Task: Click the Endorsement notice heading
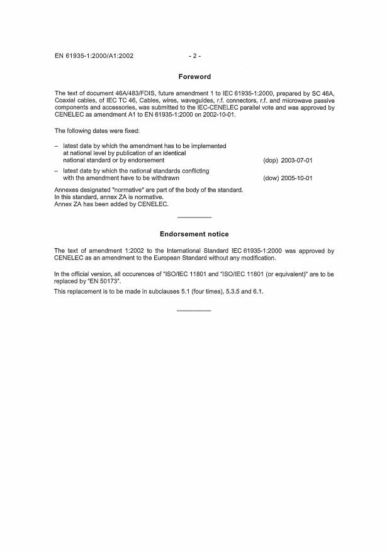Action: [194, 234]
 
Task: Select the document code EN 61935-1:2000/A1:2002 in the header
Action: [94, 56]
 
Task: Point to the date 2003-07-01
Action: [296, 161]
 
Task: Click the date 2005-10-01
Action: [296, 178]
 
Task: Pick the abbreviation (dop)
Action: [271, 161]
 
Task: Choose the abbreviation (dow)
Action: [271, 178]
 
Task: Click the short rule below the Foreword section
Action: [194, 217]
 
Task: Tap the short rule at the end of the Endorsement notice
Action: [194, 310]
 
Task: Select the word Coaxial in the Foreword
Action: [67, 100]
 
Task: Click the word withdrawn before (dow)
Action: [165, 178]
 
